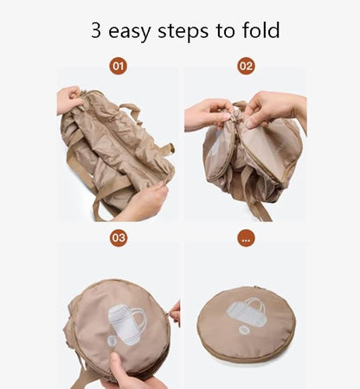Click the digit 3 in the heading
point(96,30)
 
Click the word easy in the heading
point(129,32)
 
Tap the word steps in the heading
point(183,31)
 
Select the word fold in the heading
point(261,29)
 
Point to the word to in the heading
point(225,30)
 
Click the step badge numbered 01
point(118,67)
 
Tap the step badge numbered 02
point(246,67)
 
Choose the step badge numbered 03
point(119,238)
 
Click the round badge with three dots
point(246,239)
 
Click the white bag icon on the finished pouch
point(246,313)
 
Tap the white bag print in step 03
point(127,324)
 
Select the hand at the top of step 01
point(69,99)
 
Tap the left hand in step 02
point(208,115)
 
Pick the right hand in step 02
point(274,109)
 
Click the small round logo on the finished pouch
point(244,330)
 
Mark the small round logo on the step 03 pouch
point(112,341)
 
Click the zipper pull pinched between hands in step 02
point(234,118)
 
